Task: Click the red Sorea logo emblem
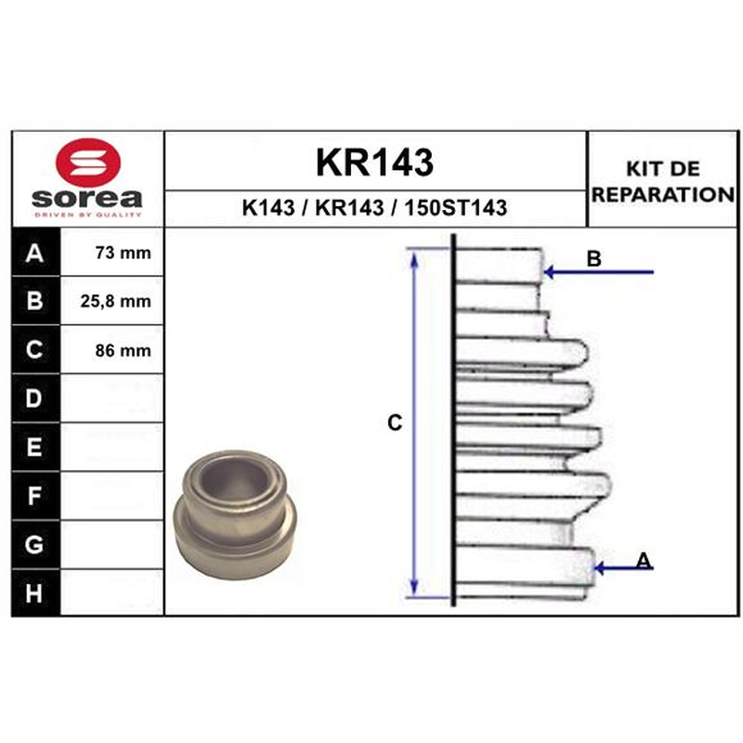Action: pos(88,163)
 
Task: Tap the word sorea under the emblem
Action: pos(87,198)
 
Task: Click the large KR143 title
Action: pos(374,162)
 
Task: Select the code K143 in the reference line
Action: pos(268,207)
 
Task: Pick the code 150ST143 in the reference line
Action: pos(455,207)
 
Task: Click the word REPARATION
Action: pos(663,194)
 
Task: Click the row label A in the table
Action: pos(34,253)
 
